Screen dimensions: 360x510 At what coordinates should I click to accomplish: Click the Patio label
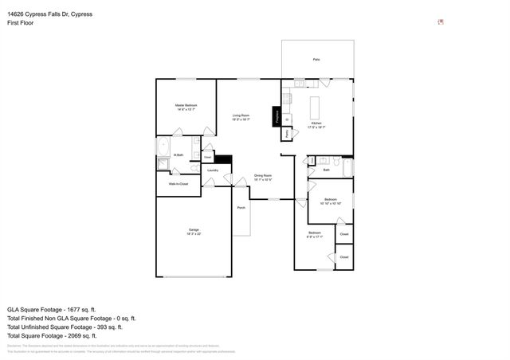pyautogui.click(x=316, y=60)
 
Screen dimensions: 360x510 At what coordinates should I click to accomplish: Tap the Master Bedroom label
pyautogui.click(x=186, y=105)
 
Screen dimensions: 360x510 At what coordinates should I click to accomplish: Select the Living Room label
pyautogui.click(x=241, y=116)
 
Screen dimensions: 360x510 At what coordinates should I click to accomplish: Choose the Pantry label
pyautogui.click(x=287, y=134)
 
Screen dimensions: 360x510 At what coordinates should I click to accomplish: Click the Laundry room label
pyautogui.click(x=213, y=170)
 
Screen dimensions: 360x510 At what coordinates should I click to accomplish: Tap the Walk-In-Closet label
pyautogui.click(x=178, y=184)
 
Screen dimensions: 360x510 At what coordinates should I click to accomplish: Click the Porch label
pyautogui.click(x=241, y=208)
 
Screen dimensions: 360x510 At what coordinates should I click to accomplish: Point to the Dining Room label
pyautogui.click(x=263, y=175)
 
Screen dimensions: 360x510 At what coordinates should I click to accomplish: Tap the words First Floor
pyautogui.click(x=21, y=23)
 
